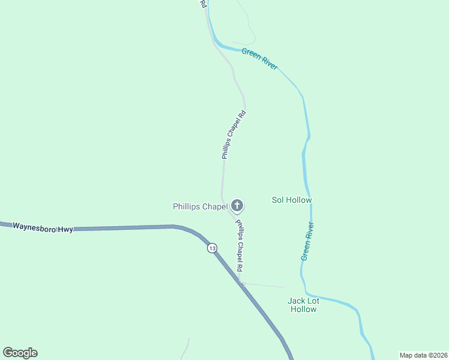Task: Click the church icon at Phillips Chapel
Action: tap(237, 206)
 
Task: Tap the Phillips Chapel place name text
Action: tap(200, 206)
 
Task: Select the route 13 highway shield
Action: tap(212, 248)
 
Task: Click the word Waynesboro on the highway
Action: tap(34, 227)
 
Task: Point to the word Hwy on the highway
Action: tap(65, 229)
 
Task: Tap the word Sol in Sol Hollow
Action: tap(278, 200)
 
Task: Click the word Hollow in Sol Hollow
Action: tap(299, 200)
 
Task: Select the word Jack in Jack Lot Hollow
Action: tap(297, 300)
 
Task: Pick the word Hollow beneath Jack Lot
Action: tap(303, 309)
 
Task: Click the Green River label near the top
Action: tap(259, 59)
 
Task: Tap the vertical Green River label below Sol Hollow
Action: tap(307, 241)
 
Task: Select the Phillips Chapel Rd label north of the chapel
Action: tap(233, 134)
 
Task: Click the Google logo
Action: tap(20, 353)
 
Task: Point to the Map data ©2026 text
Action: tap(423, 355)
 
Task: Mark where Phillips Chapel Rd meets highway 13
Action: tap(241, 283)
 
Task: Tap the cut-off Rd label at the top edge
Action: tap(203, 4)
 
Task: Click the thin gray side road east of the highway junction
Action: tap(264, 284)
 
